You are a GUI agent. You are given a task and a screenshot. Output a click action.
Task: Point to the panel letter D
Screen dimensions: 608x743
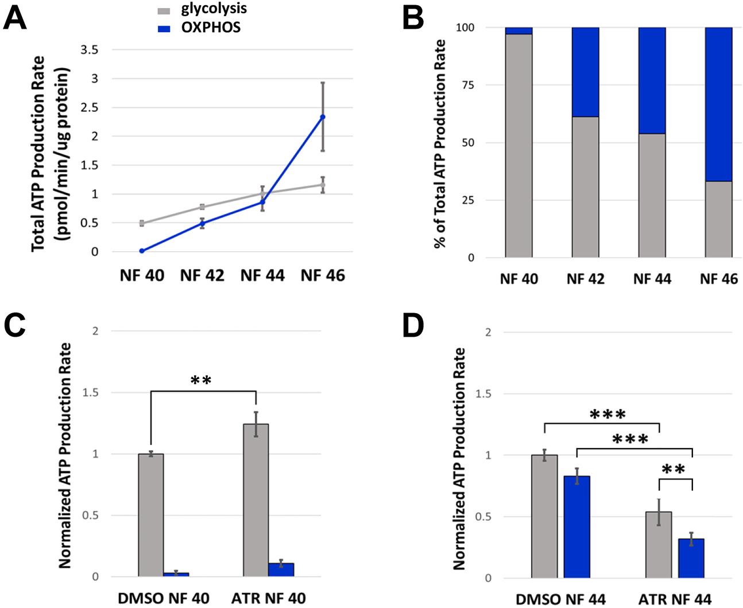click(x=412, y=325)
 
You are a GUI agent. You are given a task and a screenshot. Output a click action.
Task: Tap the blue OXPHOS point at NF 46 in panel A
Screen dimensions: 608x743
click(x=323, y=117)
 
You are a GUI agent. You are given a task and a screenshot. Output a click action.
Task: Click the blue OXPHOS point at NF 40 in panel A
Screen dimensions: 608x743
click(x=141, y=251)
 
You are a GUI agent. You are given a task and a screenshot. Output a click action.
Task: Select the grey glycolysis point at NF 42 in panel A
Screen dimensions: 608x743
click(x=202, y=206)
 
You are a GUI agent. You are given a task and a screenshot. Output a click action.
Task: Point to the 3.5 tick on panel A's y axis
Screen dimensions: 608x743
click(x=90, y=50)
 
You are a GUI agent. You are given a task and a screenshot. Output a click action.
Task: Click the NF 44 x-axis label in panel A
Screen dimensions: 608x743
click(x=262, y=275)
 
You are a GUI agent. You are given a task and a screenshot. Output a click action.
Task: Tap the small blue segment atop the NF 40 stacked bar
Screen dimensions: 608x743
click(x=518, y=30)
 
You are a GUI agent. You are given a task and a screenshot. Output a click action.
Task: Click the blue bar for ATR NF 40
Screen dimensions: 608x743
click(x=281, y=570)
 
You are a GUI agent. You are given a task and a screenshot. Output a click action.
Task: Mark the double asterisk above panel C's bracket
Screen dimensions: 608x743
click(x=202, y=380)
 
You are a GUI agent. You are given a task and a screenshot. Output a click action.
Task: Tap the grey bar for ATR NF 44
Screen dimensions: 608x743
click(x=659, y=545)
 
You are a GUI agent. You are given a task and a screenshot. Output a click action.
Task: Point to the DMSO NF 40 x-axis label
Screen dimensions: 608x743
click(x=164, y=598)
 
